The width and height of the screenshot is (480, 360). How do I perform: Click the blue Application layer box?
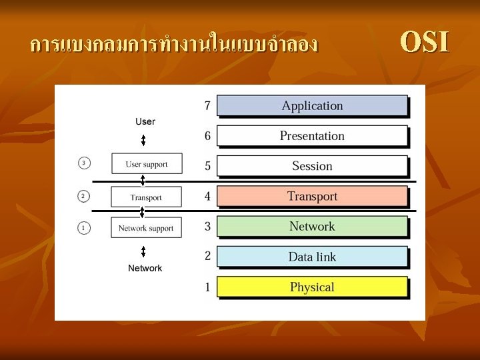point(312,106)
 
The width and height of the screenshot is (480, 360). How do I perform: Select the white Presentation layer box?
point(312,136)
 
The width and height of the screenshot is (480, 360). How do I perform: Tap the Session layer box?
point(312,166)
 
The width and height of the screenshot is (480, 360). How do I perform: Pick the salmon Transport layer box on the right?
point(312,196)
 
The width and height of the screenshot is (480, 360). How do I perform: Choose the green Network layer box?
point(312,227)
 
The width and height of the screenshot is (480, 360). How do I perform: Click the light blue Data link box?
point(312,257)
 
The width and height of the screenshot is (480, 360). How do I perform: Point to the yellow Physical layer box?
point(312,287)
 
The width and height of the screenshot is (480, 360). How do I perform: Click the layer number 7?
point(207,105)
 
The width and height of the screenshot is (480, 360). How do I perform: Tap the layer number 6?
point(207,136)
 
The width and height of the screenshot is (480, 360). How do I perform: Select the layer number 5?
point(207,166)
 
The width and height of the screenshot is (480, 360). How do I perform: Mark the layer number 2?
point(207,256)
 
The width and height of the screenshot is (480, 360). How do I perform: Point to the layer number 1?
point(207,287)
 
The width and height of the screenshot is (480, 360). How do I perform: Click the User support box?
point(147,164)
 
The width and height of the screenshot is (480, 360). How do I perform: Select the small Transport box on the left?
point(146,197)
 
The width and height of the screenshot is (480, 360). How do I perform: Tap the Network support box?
point(146,228)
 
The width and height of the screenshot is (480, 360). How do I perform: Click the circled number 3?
point(83,163)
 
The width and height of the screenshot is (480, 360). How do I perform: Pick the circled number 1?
point(83,228)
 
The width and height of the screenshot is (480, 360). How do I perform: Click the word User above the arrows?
point(145,121)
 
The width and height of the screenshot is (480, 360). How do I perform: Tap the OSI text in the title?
point(425,42)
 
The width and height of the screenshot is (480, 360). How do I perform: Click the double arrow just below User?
point(143,141)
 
